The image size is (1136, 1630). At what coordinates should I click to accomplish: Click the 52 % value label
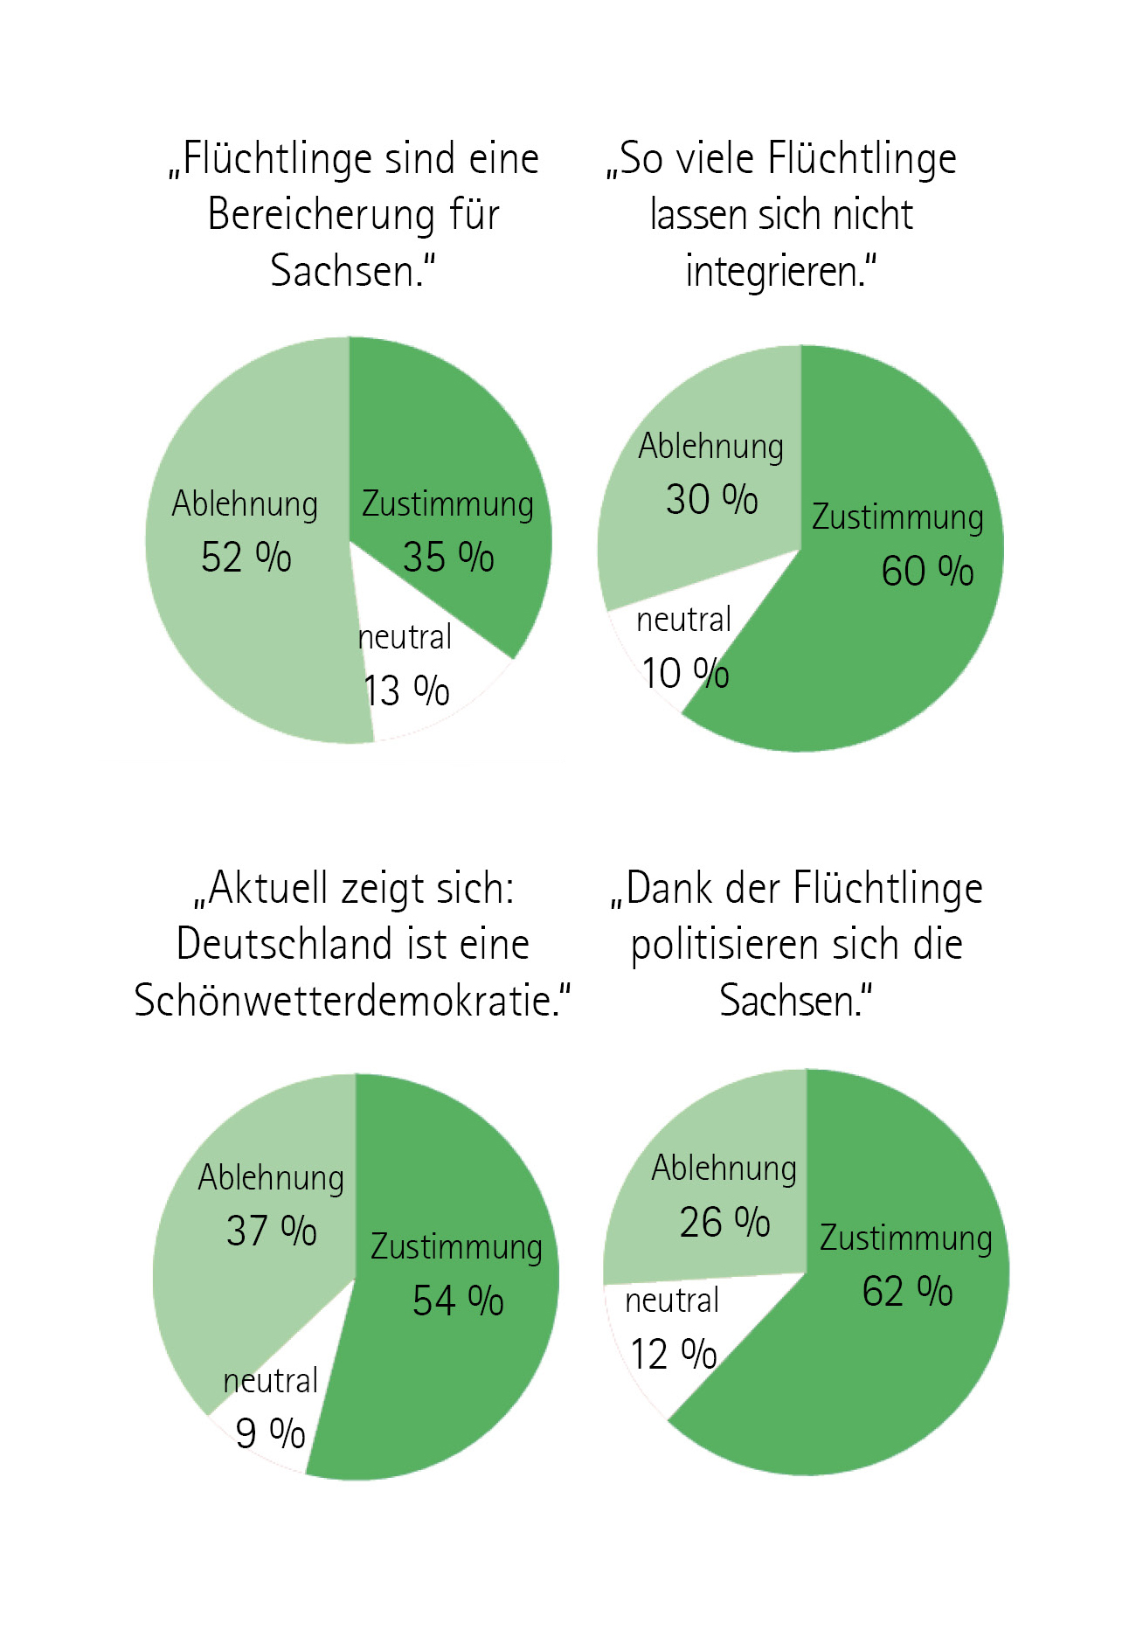coord(246,558)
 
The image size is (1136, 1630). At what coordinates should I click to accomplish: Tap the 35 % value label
coord(448,558)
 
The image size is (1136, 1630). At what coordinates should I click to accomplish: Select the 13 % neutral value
coord(406,691)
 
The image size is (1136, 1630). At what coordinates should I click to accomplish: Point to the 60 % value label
coord(927,572)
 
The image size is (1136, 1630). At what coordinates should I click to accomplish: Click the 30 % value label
coord(711,500)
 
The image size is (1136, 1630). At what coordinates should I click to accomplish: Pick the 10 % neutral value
coord(685,674)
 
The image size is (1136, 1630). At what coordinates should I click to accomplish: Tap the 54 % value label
coord(458,1301)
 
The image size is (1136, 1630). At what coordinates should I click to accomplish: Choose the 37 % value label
coord(271,1231)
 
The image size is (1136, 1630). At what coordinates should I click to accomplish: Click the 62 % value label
coord(907,1292)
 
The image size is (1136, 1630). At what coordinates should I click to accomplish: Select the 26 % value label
coord(724,1222)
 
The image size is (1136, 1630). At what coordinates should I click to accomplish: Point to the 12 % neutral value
coord(674,1355)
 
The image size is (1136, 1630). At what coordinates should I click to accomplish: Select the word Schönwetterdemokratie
coord(344,1001)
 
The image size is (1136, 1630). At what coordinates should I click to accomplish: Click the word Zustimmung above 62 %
coord(905,1239)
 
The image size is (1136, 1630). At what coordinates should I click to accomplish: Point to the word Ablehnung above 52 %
coord(245,504)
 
